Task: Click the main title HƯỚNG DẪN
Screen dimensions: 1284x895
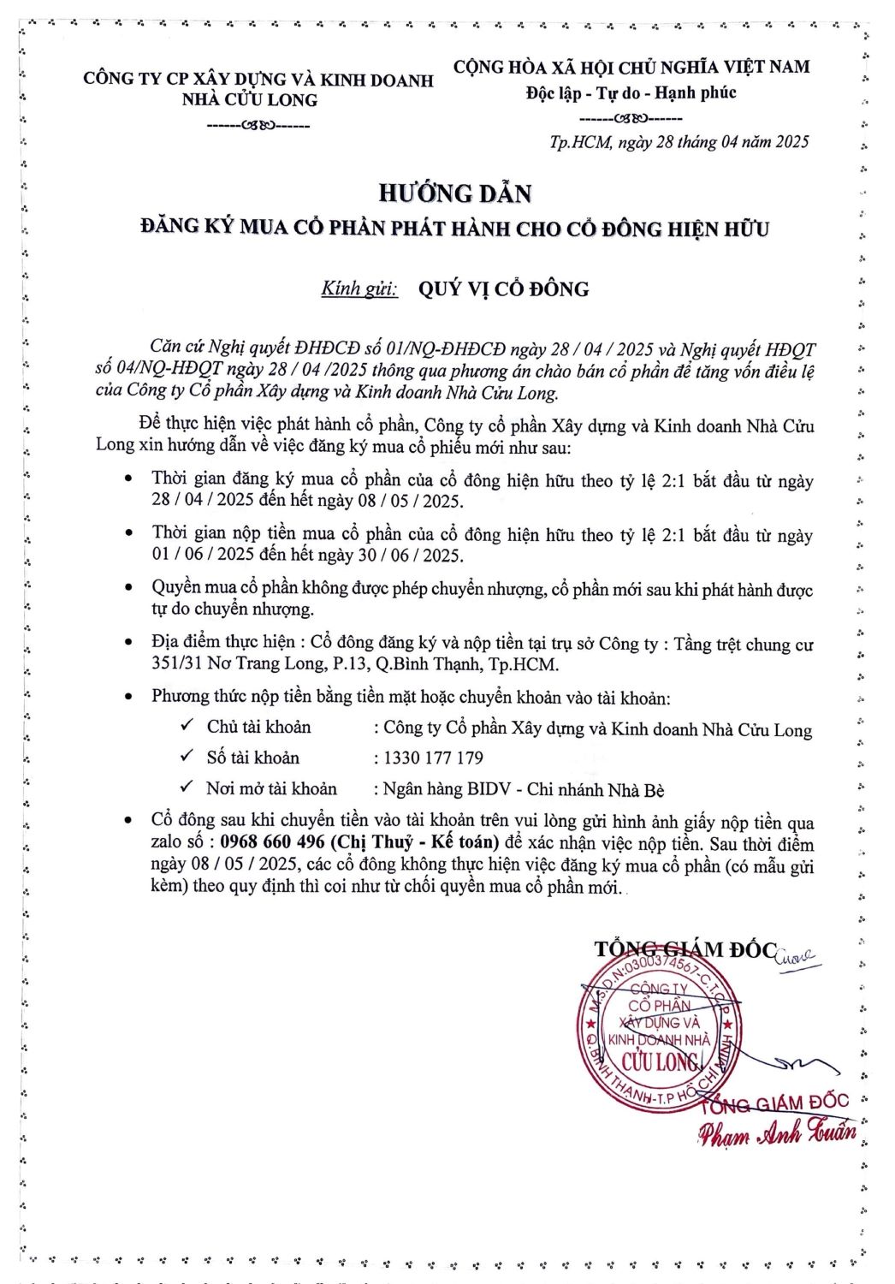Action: (454, 193)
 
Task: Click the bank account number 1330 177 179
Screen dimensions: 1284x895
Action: (433, 758)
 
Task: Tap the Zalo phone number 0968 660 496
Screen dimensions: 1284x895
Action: (272, 841)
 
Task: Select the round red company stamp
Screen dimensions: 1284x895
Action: (656, 1033)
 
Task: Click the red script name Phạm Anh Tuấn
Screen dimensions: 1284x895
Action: (776, 1133)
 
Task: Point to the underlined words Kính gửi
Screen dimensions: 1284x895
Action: (359, 288)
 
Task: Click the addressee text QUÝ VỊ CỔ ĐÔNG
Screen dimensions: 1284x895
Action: (503, 289)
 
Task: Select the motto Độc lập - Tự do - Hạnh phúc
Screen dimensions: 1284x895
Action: (631, 92)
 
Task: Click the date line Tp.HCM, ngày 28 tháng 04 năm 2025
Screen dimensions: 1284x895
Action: (679, 142)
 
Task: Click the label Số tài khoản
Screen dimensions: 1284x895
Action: (252, 758)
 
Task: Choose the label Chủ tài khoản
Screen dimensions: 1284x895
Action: (258, 727)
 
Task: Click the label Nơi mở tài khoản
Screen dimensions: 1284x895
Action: (271, 788)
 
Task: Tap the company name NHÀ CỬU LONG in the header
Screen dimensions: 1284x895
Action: (249, 100)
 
